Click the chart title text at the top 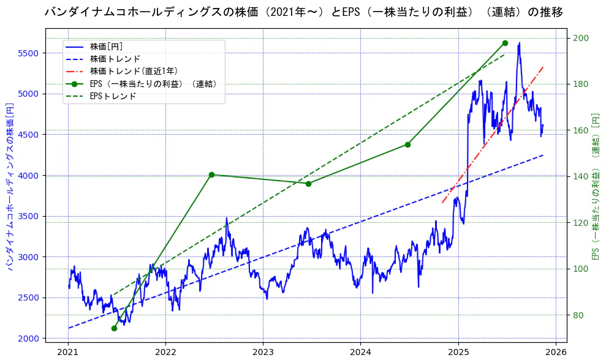tap(304, 12)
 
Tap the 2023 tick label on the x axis tap(263, 352)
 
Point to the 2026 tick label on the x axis tap(555, 352)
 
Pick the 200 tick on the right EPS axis tap(581, 39)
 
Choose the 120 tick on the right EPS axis tap(581, 223)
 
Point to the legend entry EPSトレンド tap(113, 96)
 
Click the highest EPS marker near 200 tap(505, 43)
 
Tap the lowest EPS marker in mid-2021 tap(114, 328)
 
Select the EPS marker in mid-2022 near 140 tap(211, 174)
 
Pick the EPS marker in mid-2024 tap(407, 144)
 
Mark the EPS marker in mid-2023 tap(308, 184)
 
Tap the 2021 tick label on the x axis tap(68, 352)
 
